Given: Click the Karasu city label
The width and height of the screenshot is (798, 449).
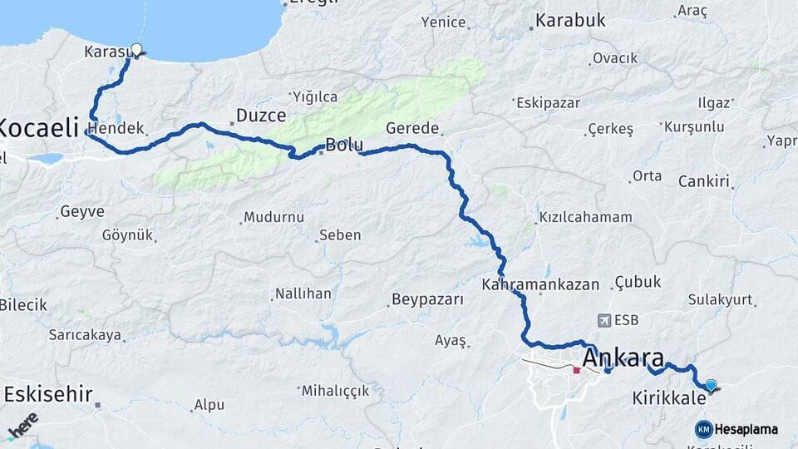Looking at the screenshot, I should [104, 52].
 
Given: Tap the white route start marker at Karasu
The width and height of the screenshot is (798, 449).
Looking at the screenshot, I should [136, 50].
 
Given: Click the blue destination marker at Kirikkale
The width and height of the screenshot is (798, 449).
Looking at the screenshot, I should [711, 385].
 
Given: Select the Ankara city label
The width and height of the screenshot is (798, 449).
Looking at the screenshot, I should [623, 359].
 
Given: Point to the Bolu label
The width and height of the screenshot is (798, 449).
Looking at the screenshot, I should [343, 144].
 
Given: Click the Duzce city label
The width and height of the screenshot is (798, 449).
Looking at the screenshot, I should [261, 116].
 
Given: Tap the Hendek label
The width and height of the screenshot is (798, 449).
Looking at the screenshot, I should [116, 129].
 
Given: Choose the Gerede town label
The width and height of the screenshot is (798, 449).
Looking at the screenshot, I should [412, 128].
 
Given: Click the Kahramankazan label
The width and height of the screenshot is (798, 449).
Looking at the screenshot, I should [540, 284].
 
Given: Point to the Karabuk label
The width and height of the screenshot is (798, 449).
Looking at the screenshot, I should [570, 21].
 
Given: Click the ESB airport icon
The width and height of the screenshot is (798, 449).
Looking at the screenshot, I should [603, 320].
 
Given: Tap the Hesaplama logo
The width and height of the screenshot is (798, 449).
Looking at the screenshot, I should [736, 429].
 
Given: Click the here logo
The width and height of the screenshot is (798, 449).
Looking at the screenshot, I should [23, 424].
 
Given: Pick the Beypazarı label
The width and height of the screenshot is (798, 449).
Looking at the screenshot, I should [427, 299].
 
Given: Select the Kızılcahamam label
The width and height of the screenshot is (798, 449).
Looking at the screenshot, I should [585, 217].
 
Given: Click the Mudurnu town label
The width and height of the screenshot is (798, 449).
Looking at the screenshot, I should [273, 218].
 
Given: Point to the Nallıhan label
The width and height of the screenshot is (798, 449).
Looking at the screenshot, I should [303, 294].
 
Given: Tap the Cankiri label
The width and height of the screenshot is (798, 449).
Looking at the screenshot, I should [703, 181].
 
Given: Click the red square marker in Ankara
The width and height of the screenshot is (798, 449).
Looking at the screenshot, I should [576, 370].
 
